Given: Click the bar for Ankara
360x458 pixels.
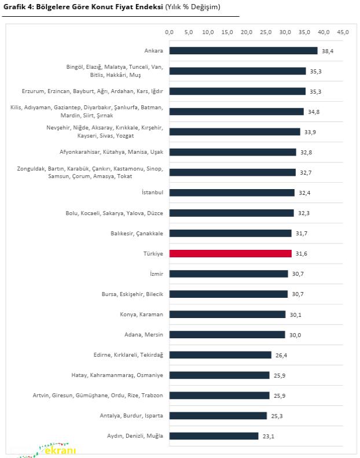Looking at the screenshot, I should click(243, 51).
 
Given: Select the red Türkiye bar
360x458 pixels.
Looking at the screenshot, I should click(230, 253).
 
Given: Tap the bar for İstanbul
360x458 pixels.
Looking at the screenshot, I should click(232, 193).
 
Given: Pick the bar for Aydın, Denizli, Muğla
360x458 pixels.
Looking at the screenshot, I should click(214, 435).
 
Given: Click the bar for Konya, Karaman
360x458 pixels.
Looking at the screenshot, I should click(227, 314).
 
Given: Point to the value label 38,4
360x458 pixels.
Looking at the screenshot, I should click(328, 51).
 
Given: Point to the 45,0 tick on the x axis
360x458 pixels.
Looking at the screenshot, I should click(343, 32).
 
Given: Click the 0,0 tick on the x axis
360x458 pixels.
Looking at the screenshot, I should click(169, 32).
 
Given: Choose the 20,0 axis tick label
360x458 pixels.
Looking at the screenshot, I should click(246, 32).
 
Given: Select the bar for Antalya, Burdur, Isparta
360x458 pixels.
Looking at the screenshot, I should click(218, 415).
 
